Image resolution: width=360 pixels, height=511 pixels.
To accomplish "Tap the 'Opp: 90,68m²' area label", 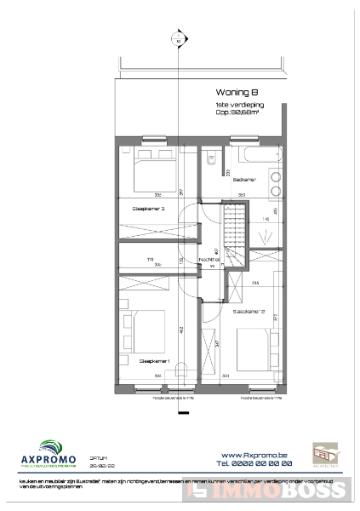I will (240, 112).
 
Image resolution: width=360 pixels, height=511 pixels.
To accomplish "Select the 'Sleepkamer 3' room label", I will (148, 209).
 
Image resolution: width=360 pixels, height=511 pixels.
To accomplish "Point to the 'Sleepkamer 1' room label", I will (156, 361).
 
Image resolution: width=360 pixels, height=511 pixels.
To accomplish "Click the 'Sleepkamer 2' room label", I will (250, 313).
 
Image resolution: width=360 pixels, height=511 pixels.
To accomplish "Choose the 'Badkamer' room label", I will (245, 180).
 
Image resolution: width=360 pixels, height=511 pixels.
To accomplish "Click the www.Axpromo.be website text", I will (256, 455).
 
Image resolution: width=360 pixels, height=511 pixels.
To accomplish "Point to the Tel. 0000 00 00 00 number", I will (254, 464).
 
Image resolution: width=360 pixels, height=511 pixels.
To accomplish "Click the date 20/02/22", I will (100, 467).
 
